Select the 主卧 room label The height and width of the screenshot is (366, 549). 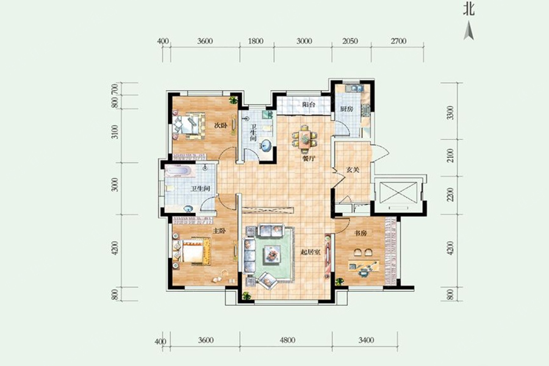pyautogui.click(x=219, y=231)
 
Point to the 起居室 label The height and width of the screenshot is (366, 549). pyautogui.click(x=310, y=251)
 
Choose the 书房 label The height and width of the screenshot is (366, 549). pyautogui.click(x=361, y=233)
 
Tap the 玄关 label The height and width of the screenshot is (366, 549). pyautogui.click(x=353, y=170)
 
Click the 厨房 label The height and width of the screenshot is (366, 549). pyautogui.click(x=346, y=109)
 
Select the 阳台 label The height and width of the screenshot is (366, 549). pyautogui.click(x=309, y=104)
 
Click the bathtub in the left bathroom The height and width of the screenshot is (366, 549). pyautogui.click(x=178, y=171)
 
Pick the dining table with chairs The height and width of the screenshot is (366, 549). pyautogui.click(x=304, y=138)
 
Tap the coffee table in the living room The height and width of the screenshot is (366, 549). pyautogui.click(x=273, y=253)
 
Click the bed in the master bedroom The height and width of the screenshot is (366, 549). pyautogui.click(x=192, y=250)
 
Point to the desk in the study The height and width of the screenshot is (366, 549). pyautogui.click(x=364, y=266)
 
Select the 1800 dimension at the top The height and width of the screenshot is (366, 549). pyautogui.click(x=256, y=41)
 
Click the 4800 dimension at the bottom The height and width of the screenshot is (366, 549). pyautogui.click(x=287, y=340)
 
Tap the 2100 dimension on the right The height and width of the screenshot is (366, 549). pyautogui.click(x=450, y=156)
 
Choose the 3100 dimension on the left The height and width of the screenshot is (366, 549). pyautogui.click(x=115, y=132)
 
